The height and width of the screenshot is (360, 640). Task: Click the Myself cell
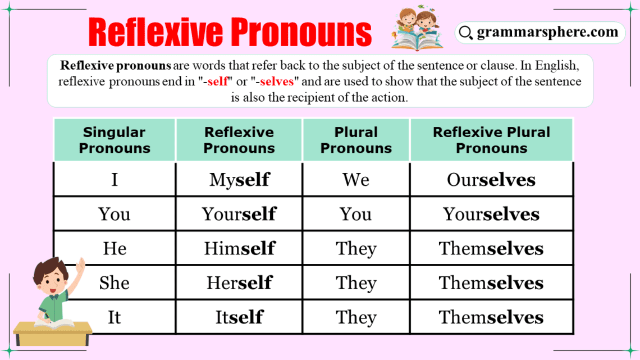click(x=239, y=180)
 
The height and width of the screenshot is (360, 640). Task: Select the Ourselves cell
click(x=491, y=180)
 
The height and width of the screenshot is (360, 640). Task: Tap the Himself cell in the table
click(x=239, y=249)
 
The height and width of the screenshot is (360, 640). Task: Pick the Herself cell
click(x=239, y=283)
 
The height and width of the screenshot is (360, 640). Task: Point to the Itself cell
click(x=239, y=317)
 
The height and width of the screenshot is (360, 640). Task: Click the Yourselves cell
click(x=491, y=214)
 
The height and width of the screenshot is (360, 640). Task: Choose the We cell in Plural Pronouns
click(x=356, y=180)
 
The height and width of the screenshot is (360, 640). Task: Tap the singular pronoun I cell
click(x=115, y=180)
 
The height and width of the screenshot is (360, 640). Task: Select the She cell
click(x=115, y=283)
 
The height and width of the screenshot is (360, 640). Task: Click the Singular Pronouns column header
click(x=115, y=140)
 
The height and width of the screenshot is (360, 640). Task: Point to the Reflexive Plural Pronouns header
click(x=491, y=140)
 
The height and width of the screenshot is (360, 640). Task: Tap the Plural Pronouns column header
click(x=356, y=140)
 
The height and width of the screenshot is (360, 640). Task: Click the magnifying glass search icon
click(x=465, y=33)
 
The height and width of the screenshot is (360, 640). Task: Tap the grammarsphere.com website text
click(x=547, y=33)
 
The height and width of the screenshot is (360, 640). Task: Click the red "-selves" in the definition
click(x=276, y=81)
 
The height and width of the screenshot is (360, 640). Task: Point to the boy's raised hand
click(x=81, y=265)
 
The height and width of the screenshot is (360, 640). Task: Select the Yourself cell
click(x=239, y=214)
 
